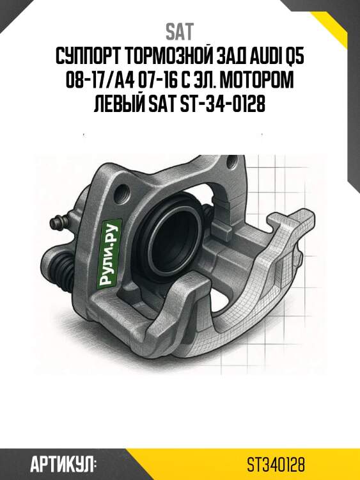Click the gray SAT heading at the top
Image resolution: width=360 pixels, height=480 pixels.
[x=180, y=31]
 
